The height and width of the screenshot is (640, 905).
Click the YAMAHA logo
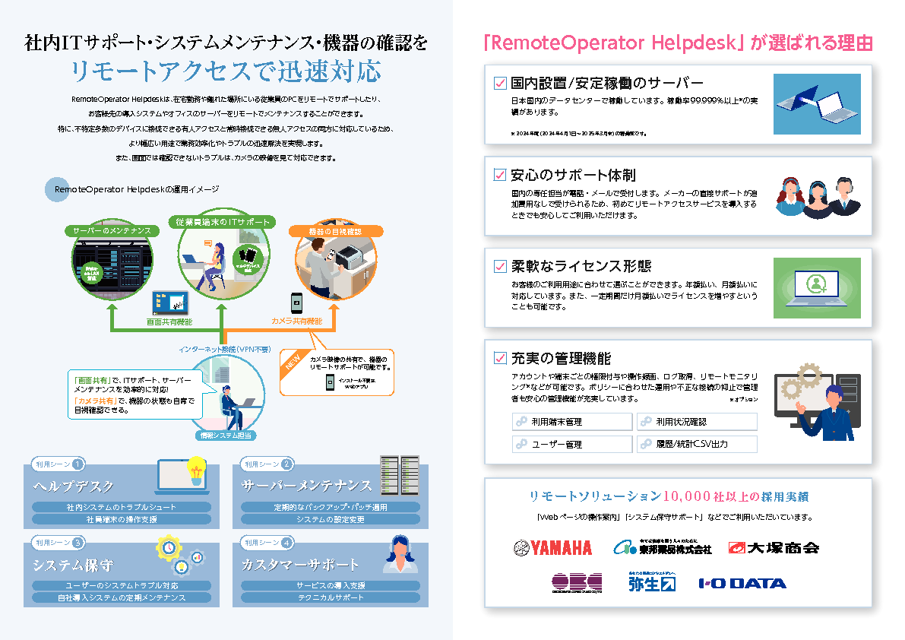pos(552,547)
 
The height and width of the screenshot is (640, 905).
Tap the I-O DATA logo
pos(742,584)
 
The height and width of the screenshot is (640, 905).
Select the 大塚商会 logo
pos(774,547)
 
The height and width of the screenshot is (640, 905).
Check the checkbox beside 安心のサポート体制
pos(500,175)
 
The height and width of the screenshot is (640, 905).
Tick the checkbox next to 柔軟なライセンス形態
pos(500,266)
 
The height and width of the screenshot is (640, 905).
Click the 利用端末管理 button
pos(572,422)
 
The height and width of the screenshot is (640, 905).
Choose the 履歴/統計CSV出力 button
pos(697,444)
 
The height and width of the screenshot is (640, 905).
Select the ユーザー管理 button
pos(572,444)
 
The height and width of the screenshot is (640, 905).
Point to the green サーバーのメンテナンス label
pos(112,230)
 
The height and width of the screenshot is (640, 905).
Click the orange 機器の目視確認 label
pos(335,230)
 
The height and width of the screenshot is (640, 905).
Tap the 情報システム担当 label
pos(225,436)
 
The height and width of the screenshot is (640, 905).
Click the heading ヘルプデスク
pos(74,486)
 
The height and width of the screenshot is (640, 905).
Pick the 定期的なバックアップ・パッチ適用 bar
pos(331,507)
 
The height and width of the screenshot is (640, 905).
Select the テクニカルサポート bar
pos(331,597)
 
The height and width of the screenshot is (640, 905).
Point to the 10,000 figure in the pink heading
pos(687,496)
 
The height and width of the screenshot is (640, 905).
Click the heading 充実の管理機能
pos(561,358)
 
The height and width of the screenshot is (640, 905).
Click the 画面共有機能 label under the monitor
pos(169,322)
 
